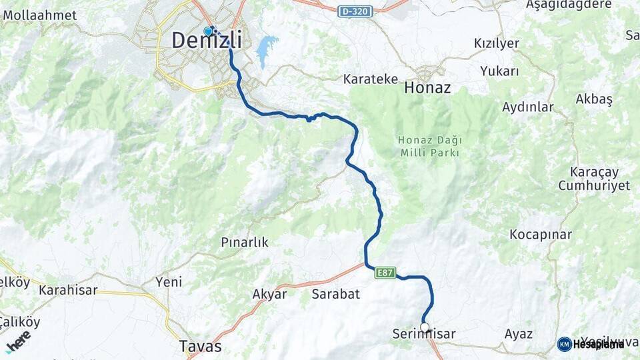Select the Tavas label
click(x=201, y=347)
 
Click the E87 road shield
click(x=385, y=272)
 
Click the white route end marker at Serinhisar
click(x=425, y=327)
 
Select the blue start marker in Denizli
click(x=208, y=31)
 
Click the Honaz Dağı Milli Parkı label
click(x=429, y=146)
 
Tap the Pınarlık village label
click(x=245, y=243)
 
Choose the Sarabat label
click(x=336, y=293)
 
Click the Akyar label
click(x=269, y=294)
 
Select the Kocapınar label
click(x=541, y=235)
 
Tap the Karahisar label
click(x=68, y=290)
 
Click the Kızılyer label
click(x=496, y=43)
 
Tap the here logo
click(x=18, y=341)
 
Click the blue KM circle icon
click(x=564, y=344)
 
